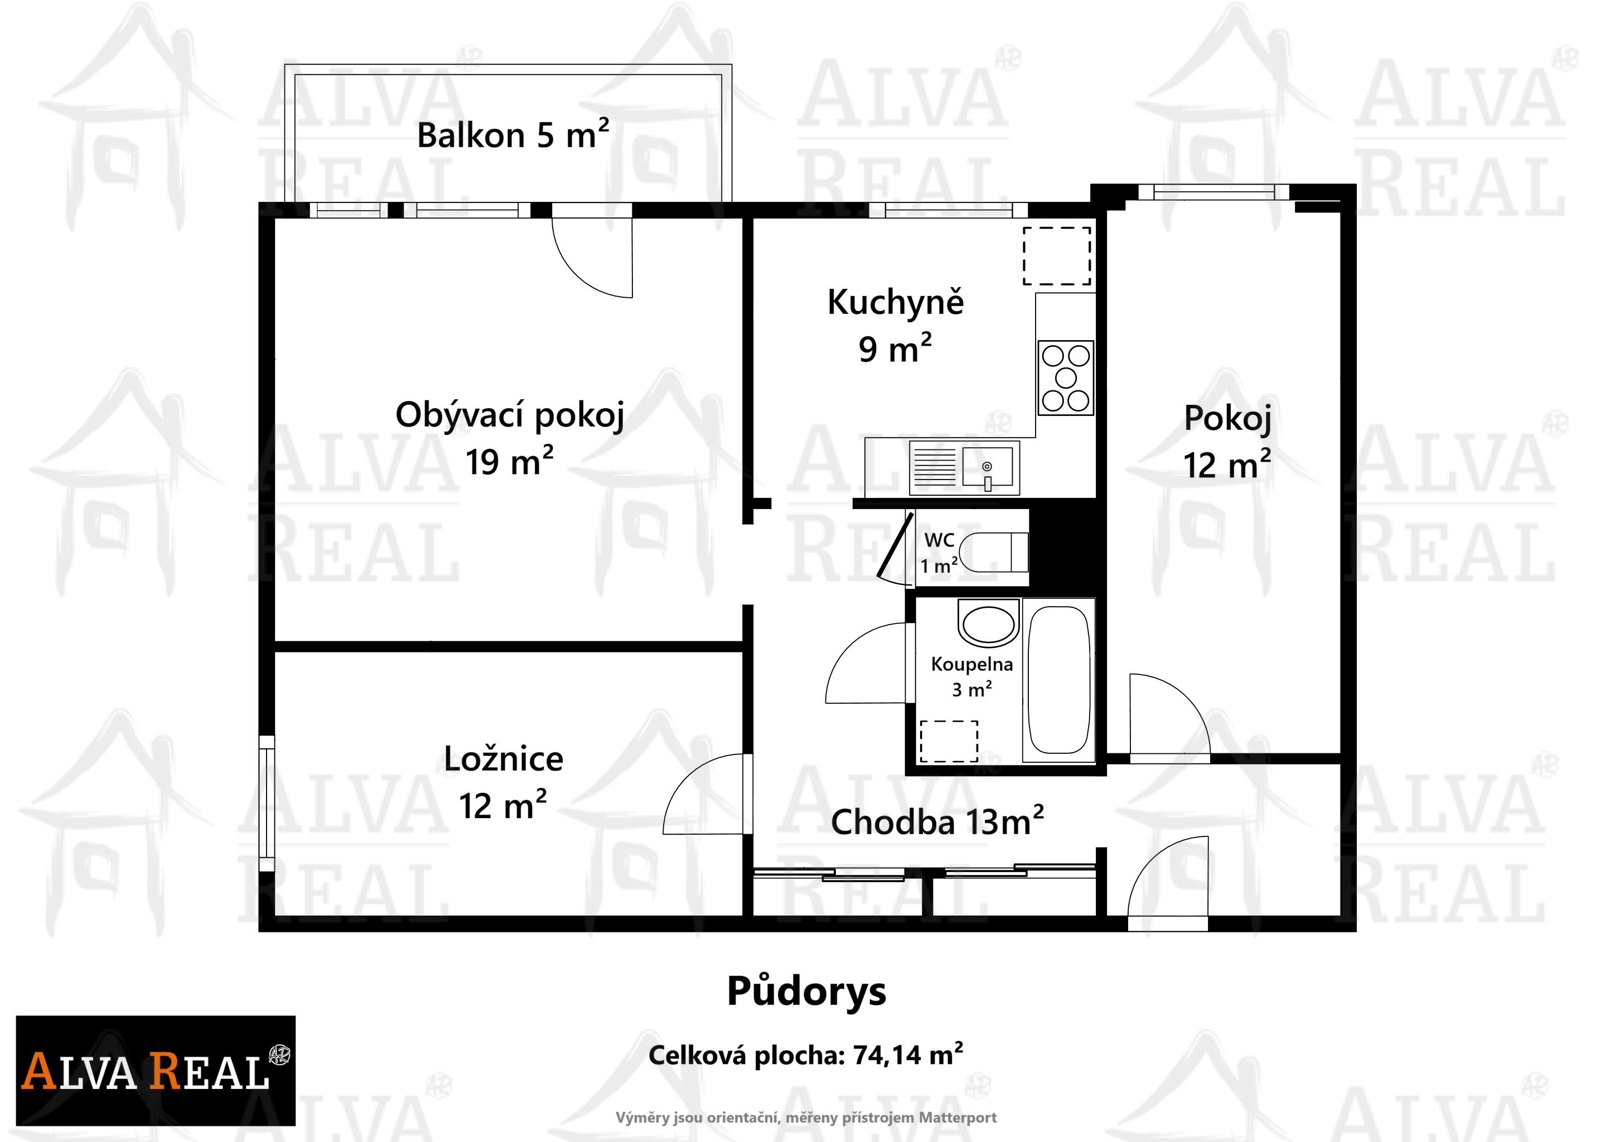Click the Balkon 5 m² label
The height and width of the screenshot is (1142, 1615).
pos(513,134)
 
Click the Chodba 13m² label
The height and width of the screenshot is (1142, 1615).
pos(937,821)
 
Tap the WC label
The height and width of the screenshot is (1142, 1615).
pos(939,540)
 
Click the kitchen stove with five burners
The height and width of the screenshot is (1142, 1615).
pos(1066,378)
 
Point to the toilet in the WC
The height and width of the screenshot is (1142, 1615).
pos(993,551)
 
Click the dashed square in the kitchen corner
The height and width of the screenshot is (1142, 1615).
pos(1057,256)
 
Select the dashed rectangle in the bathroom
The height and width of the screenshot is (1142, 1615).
pos(949,741)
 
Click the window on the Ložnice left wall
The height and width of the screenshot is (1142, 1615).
pos(266,804)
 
